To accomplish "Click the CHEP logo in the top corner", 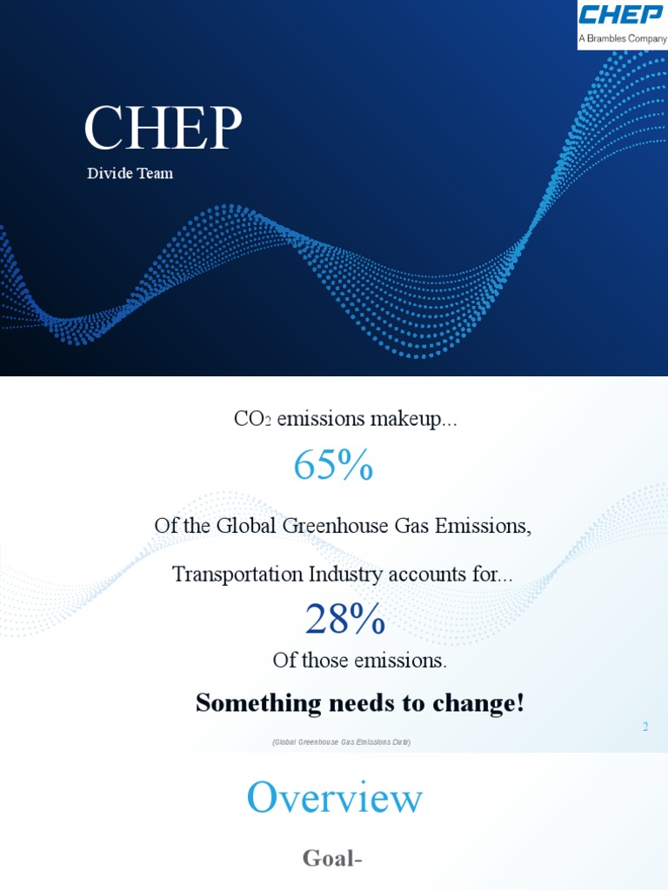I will click(x=623, y=17).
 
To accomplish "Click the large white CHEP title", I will click(x=163, y=129).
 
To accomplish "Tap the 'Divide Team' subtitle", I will click(x=130, y=174).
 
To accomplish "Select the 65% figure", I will click(x=333, y=466).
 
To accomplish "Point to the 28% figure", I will click(x=344, y=620).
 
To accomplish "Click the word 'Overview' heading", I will click(x=335, y=798).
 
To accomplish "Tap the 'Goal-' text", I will click(x=332, y=860).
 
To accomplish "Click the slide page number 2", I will click(x=645, y=727).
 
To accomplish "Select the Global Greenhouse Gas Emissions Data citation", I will click(x=341, y=742).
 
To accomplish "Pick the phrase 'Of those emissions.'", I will click(x=359, y=661).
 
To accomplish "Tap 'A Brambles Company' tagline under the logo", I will click(x=623, y=39).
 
